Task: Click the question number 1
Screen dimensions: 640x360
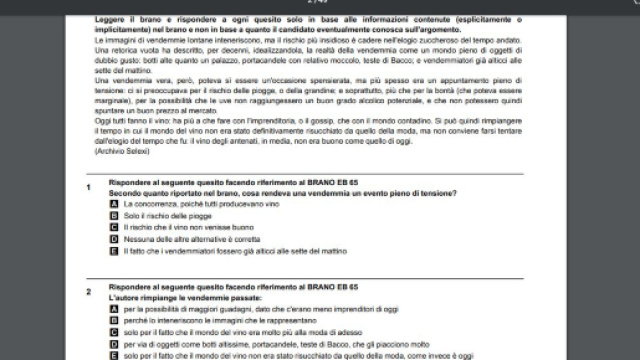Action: [x=88, y=186]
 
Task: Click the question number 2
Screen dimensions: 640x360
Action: [x=88, y=291]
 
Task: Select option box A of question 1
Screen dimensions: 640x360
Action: [x=115, y=204]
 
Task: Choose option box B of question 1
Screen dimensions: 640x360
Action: [x=115, y=216]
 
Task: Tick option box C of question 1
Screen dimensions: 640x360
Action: [x=115, y=228]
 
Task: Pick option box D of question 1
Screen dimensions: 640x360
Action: [x=115, y=240]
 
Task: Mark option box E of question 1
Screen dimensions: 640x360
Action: [x=115, y=252]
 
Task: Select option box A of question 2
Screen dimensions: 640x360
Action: [x=115, y=310]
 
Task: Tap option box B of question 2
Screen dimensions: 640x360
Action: [x=115, y=321]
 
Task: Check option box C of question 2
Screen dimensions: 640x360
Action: [x=115, y=332]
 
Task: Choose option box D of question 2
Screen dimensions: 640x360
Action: [x=115, y=343]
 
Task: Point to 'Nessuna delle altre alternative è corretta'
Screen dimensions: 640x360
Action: [x=185, y=240]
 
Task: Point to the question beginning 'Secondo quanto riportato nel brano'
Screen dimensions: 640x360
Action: [x=280, y=194]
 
